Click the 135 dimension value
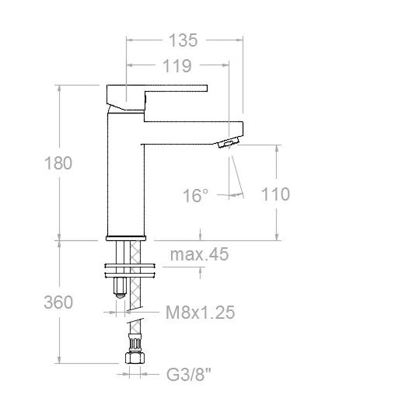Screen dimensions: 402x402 [183, 40]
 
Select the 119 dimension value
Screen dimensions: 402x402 [177, 66]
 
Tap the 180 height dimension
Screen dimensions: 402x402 [58, 163]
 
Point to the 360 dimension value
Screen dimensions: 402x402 [58, 302]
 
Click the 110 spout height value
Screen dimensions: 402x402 [275, 194]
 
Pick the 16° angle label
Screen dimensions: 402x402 [195, 195]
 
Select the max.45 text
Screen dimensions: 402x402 [199, 254]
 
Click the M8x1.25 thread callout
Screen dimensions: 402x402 [200, 313]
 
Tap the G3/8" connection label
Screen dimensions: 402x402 [189, 374]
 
